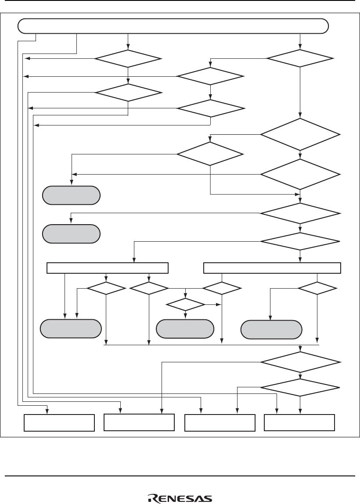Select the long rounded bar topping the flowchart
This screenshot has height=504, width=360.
point(173,26)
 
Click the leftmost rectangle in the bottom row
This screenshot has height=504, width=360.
point(59,422)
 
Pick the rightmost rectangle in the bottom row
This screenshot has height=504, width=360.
point(299,422)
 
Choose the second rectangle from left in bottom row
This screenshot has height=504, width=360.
point(139,422)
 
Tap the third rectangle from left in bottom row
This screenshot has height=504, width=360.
point(220,422)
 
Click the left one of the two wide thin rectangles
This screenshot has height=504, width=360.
point(108,268)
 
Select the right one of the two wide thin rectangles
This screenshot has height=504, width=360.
point(273,268)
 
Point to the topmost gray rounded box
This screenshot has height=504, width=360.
point(71,195)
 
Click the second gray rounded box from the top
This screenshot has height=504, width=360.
point(71,233)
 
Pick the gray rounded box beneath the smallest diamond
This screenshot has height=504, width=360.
point(185,329)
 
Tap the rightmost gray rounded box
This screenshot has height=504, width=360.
point(271,329)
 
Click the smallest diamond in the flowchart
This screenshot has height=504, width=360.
point(185,304)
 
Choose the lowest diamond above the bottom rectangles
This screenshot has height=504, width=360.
point(300,388)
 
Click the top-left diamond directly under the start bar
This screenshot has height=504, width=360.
point(128,58)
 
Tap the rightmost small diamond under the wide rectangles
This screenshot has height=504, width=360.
point(317,288)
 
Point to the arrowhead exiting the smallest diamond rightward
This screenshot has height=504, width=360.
point(219,304)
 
